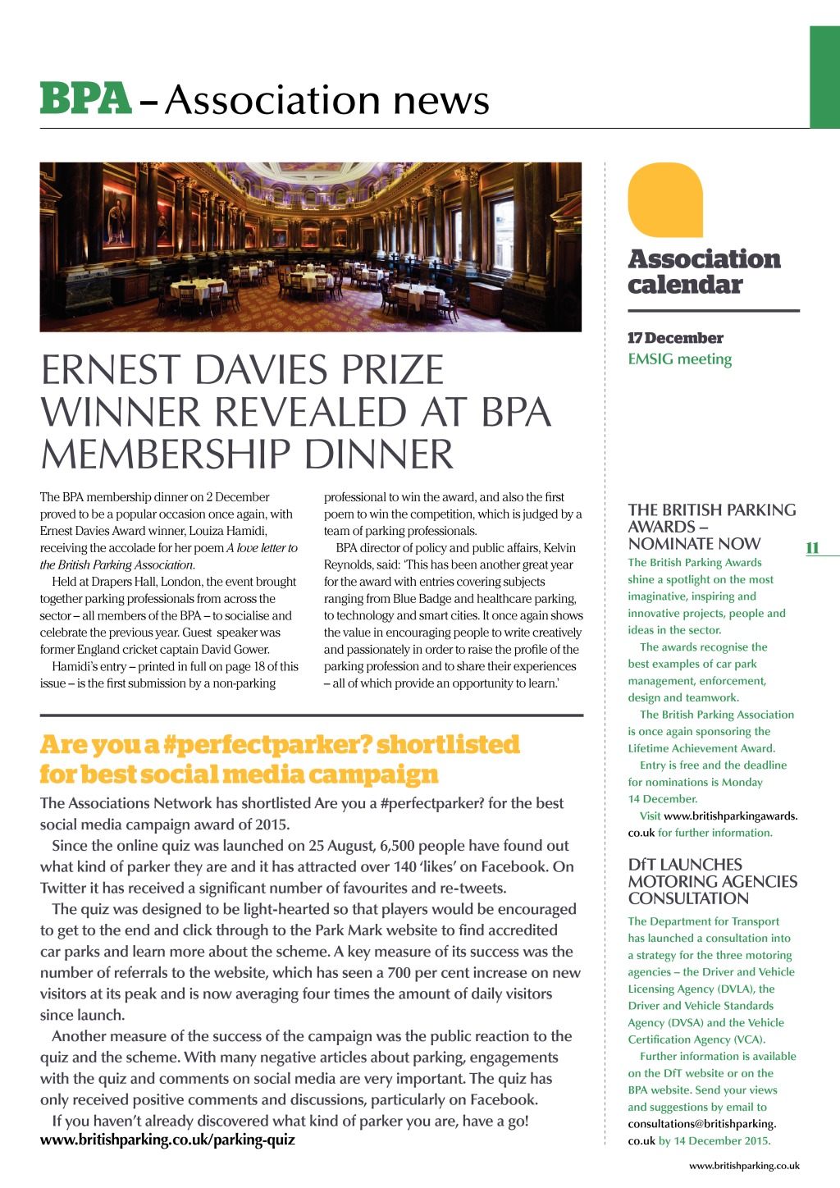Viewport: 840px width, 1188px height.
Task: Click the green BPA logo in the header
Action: pyautogui.click(x=85, y=98)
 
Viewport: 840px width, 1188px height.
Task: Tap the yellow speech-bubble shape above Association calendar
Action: pyautogui.click(x=665, y=200)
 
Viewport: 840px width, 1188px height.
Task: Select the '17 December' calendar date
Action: pyautogui.click(x=675, y=338)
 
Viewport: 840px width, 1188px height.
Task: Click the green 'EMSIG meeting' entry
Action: pyautogui.click(x=679, y=359)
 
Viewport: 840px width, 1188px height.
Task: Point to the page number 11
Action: pyautogui.click(x=812, y=548)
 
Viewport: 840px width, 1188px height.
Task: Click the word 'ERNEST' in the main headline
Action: pyautogui.click(x=108, y=371)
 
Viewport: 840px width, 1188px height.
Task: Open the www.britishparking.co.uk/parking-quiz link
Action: pyautogui.click(x=167, y=1140)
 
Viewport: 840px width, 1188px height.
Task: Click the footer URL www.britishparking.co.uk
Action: pyautogui.click(x=744, y=1166)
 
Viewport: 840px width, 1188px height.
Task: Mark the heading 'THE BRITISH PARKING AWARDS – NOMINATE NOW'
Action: pyautogui.click(x=711, y=527)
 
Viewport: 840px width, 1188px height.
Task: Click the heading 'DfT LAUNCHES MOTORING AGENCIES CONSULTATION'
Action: pyautogui.click(x=712, y=881)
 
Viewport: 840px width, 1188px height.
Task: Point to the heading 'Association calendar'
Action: pyautogui.click(x=704, y=272)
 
